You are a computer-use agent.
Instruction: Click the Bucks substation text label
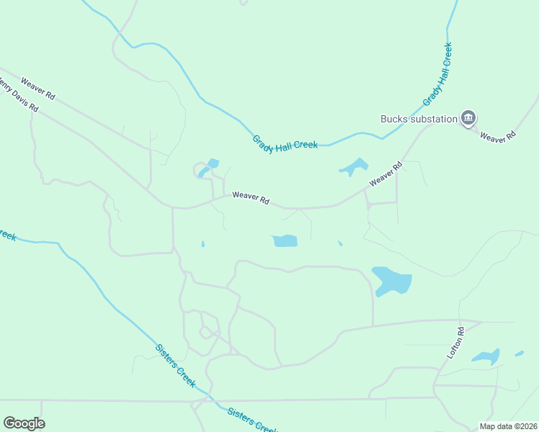pos(419,119)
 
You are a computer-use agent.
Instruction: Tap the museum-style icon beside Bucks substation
pos(469,117)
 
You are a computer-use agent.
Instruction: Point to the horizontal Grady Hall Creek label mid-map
pos(285,143)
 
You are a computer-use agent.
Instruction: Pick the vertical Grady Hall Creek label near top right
pos(437,75)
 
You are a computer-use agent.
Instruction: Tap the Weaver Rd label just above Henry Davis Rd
pos(37,88)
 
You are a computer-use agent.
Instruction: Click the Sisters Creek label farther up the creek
pos(175,366)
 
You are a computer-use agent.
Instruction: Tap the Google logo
pos(24,423)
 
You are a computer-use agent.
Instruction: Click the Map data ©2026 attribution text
pos(508,426)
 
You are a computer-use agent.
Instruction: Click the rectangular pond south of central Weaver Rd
pos(284,240)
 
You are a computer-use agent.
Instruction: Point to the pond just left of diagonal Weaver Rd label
pos(353,168)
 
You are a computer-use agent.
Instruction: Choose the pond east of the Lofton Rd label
pos(486,356)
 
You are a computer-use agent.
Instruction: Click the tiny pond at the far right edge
pos(519,354)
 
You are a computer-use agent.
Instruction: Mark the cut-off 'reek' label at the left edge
pos(7,235)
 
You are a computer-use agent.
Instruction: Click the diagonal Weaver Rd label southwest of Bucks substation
pos(385,175)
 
